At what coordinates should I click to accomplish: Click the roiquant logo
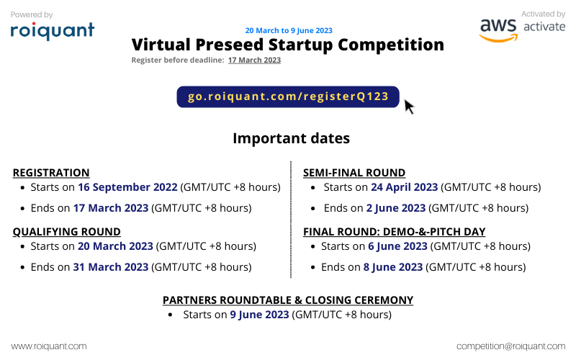tap(52, 30)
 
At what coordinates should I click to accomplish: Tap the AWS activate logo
tap(512, 27)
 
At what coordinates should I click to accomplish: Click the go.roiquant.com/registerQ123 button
tap(288, 96)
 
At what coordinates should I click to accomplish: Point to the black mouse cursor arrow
tap(408, 107)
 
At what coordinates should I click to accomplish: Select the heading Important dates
tap(291, 138)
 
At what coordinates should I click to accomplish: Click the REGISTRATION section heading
tap(51, 173)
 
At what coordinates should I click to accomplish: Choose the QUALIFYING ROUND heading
tap(66, 232)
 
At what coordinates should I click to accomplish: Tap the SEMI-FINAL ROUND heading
tap(354, 173)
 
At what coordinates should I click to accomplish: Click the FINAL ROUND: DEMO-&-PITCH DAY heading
tap(394, 232)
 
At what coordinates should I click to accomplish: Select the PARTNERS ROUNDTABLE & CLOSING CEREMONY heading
tap(288, 300)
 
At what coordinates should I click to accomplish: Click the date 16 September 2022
tap(127, 187)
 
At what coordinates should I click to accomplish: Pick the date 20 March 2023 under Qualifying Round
tap(115, 246)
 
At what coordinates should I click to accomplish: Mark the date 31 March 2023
tap(111, 267)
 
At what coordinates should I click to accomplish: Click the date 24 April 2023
tap(404, 187)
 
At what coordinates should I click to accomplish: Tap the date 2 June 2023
tap(395, 208)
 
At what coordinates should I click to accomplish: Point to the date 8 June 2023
tap(393, 267)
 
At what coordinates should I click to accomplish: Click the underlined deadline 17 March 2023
tap(254, 60)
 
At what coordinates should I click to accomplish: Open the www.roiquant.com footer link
tap(49, 346)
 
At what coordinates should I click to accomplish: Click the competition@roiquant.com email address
tap(510, 346)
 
